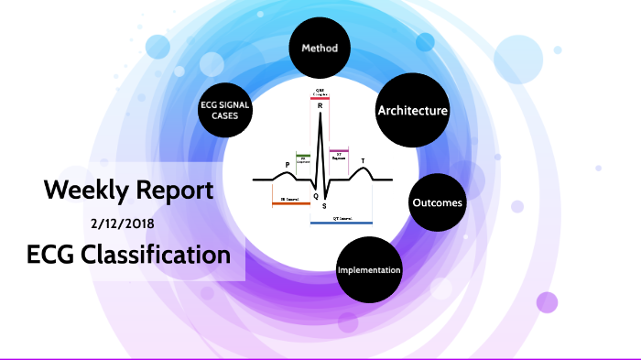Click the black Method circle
click(320, 48)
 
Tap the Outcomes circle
click(437, 202)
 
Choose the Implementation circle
click(369, 270)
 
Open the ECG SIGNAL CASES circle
click(225, 111)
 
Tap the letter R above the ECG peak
click(320, 105)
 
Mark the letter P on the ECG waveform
click(288, 165)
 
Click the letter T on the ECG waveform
click(363, 161)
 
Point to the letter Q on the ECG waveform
click(315, 196)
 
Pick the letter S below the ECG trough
click(323, 207)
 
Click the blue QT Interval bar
click(341, 223)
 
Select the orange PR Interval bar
click(290, 202)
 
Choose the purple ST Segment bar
click(339, 150)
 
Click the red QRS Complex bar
click(320, 96)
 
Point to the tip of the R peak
click(320, 114)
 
